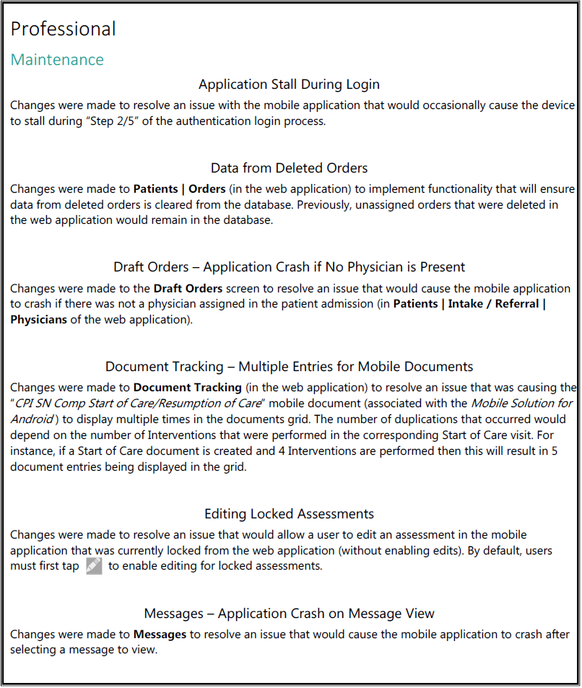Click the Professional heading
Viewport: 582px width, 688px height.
(x=63, y=29)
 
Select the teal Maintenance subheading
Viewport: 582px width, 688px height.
(x=57, y=59)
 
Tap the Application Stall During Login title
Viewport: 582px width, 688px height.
(x=289, y=84)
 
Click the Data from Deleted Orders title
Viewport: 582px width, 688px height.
(x=289, y=168)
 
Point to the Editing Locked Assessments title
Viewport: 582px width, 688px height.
(x=289, y=514)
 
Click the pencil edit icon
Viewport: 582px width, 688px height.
(x=94, y=566)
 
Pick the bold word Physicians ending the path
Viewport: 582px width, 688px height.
(x=39, y=319)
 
